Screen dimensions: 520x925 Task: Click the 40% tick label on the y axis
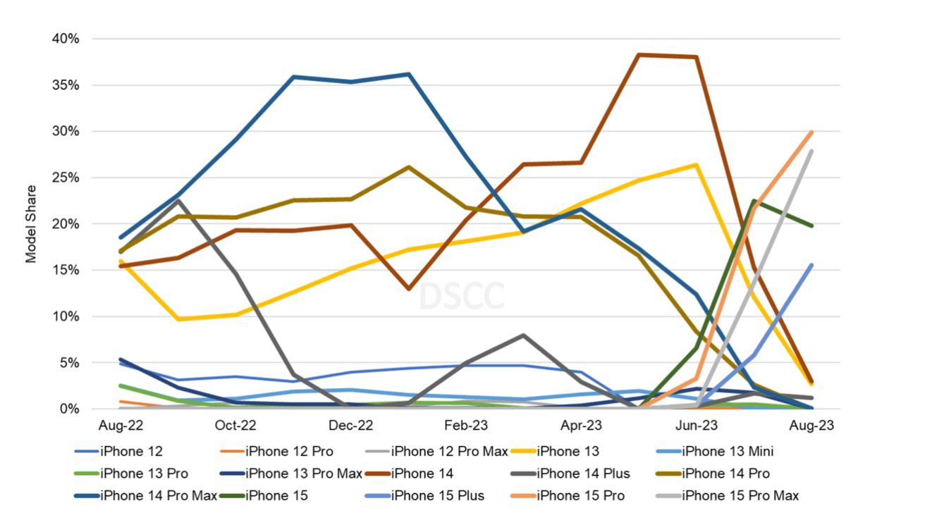click(66, 39)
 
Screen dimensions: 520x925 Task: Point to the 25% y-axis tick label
click(66, 178)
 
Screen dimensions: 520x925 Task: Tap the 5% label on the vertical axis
click(68, 363)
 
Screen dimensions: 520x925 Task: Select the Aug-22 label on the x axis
click(120, 426)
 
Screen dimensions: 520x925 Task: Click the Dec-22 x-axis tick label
click(350, 426)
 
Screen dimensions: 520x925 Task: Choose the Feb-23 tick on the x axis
click(466, 426)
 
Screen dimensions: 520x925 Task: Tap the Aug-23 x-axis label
click(811, 426)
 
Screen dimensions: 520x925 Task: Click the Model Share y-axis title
click(31, 224)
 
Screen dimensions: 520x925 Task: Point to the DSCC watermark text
click(462, 296)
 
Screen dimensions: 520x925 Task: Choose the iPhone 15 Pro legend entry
click(580, 495)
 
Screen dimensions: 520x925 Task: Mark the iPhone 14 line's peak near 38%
click(639, 55)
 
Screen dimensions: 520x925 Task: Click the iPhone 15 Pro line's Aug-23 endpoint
click(811, 132)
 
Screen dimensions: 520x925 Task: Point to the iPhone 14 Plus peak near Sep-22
click(178, 201)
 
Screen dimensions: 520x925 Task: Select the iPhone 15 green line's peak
click(754, 201)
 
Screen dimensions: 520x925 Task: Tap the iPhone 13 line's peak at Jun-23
click(697, 165)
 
